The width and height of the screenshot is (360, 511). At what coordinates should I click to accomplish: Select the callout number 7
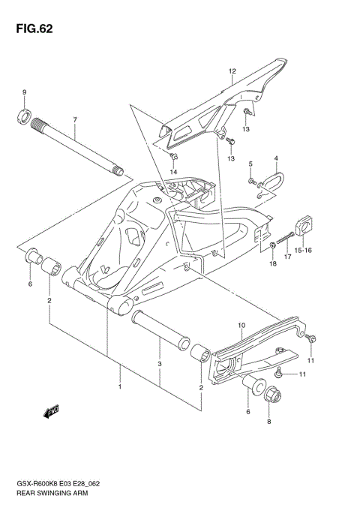coord(75,120)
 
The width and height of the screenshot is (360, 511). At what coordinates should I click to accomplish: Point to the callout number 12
coord(232,73)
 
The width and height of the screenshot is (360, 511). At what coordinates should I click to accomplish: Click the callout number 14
coord(173,173)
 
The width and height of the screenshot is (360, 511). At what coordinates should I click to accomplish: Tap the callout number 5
coord(250,164)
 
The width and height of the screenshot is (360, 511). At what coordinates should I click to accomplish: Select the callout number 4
coord(275,159)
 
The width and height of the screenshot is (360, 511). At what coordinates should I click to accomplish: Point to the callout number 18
coord(273,265)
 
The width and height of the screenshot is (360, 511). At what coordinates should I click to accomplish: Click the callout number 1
coord(118,388)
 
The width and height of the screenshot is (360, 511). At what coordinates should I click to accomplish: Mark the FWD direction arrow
coord(52,410)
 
